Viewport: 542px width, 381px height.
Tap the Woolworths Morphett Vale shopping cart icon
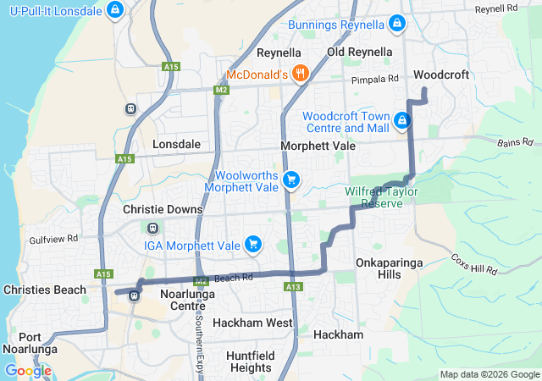291,179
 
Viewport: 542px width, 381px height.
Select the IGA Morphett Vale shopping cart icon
252,245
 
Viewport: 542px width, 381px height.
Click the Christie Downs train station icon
153,228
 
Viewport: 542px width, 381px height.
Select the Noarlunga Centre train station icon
134,295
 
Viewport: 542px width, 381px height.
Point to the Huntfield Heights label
251,362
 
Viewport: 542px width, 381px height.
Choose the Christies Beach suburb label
44,290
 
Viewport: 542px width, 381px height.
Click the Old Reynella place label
360,52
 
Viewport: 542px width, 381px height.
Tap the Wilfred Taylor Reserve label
381,197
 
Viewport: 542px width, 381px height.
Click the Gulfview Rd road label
55,240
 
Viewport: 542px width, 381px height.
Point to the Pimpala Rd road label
375,79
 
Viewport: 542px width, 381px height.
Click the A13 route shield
294,288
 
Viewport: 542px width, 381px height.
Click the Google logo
28,371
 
